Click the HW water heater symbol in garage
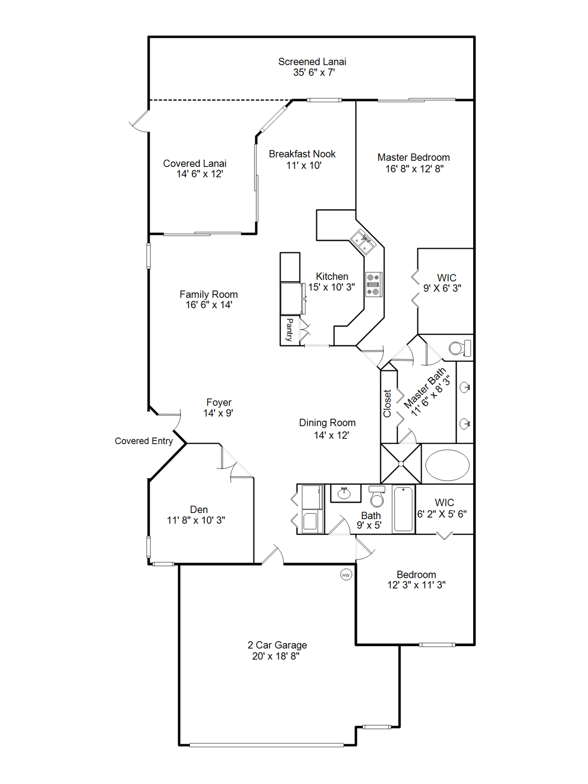click(x=346, y=575)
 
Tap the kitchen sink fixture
click(x=363, y=242)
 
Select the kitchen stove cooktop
click(x=374, y=285)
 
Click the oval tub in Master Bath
click(x=447, y=465)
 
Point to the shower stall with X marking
click(x=401, y=463)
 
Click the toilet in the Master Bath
click(x=459, y=349)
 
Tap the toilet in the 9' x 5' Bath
click(x=377, y=497)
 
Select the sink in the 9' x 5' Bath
click(x=345, y=494)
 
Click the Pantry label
click(x=289, y=330)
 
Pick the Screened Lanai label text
click(x=312, y=62)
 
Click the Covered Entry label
click(x=143, y=441)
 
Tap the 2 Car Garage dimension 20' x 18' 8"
click(x=276, y=656)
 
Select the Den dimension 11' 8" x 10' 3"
click(x=196, y=520)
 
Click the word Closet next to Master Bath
click(x=387, y=403)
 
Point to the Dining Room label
click(x=327, y=423)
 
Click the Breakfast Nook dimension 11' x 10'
click(x=304, y=165)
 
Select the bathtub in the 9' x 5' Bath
click(x=403, y=509)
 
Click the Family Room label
click(x=208, y=295)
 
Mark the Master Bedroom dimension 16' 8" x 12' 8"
click(x=414, y=169)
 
